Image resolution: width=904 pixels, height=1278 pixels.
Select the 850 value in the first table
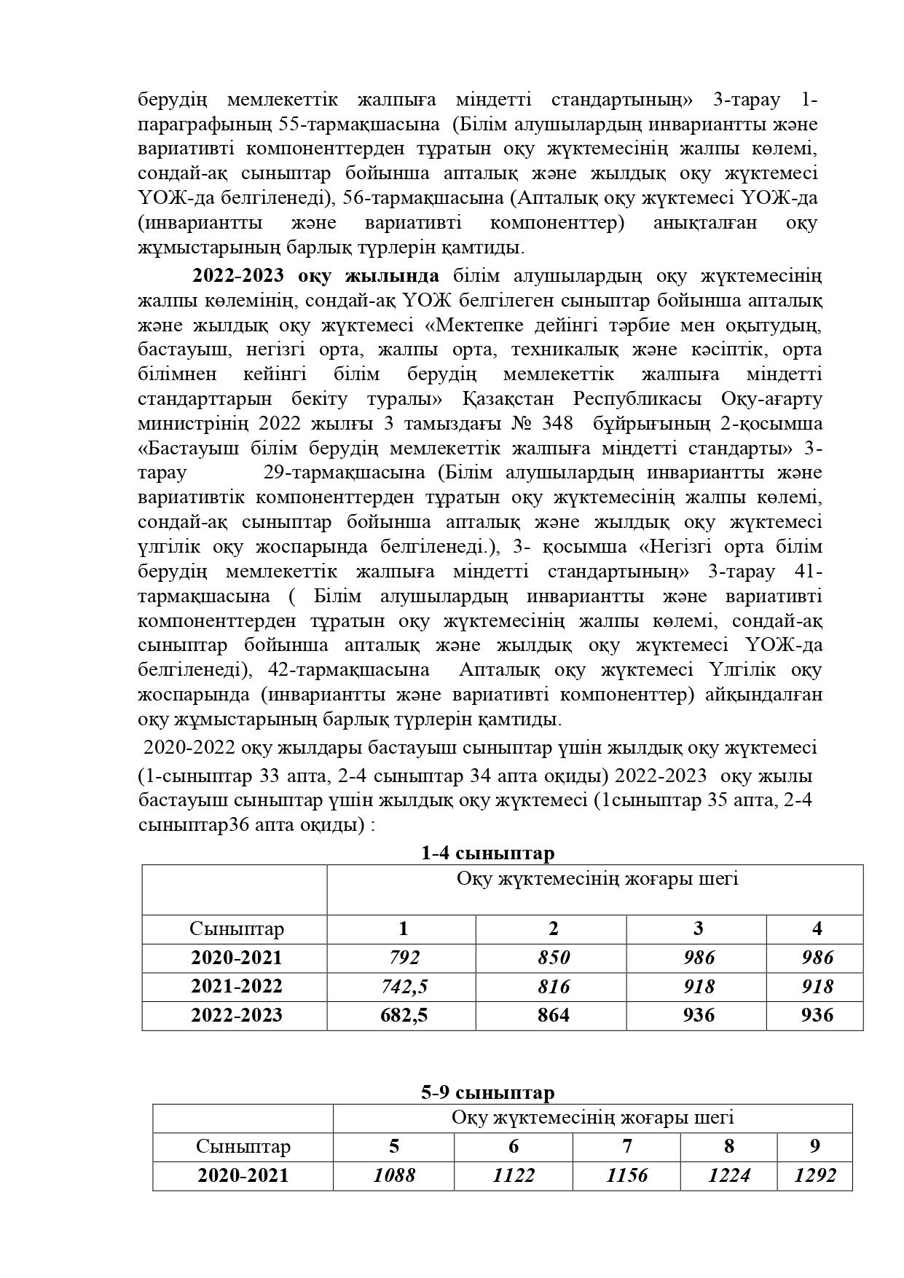coord(553,958)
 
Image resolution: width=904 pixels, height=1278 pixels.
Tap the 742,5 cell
coord(404,987)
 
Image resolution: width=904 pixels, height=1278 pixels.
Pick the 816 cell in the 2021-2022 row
coord(553,987)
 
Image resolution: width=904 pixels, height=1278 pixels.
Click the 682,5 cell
coord(404,1015)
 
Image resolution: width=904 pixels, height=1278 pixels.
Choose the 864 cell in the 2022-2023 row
coord(553,1015)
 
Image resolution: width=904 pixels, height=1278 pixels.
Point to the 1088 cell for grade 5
coord(394,1175)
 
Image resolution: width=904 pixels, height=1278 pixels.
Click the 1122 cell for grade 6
coord(514,1175)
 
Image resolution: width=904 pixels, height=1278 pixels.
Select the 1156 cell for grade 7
coord(627,1175)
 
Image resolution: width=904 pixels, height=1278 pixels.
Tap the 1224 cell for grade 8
coord(729,1175)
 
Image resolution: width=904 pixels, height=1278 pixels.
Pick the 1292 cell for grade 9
coord(815,1175)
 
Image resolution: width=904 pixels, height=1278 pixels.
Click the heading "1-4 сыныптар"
coord(487,853)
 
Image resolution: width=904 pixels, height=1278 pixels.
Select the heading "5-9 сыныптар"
coord(487,1092)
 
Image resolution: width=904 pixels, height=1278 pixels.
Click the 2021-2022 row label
coord(236,987)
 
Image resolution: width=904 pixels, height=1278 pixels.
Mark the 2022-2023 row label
coord(236,1015)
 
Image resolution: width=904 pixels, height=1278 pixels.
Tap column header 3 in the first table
coord(698,928)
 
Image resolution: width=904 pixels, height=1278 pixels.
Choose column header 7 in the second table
coord(627,1146)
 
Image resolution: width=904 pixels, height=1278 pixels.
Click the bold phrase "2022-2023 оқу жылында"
coord(315,276)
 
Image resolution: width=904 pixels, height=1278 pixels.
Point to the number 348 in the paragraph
coord(557,424)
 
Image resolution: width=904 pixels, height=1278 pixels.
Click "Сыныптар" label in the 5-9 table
coord(243,1146)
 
